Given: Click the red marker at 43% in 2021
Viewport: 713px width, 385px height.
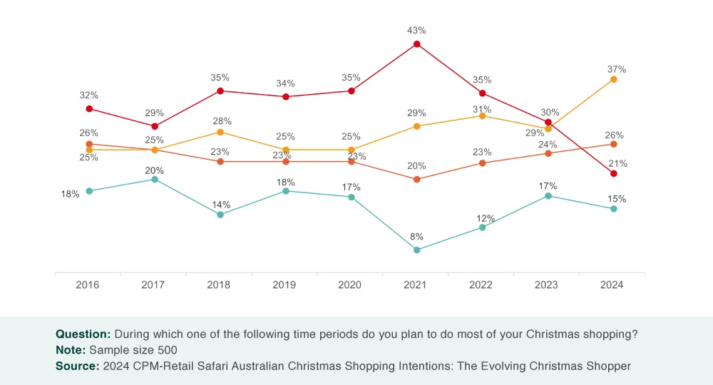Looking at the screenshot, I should pos(417,44).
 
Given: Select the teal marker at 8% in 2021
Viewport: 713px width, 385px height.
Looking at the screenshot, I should pos(417,250).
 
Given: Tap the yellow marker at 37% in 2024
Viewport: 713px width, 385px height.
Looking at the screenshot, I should pos(614,79).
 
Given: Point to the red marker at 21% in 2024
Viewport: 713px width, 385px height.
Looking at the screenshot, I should pos(614,173).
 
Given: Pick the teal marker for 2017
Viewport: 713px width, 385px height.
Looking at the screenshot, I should pos(155,179).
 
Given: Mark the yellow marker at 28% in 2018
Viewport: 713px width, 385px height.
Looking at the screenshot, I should pos(220,132).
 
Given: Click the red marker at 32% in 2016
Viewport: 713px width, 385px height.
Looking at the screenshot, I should pos(89,108).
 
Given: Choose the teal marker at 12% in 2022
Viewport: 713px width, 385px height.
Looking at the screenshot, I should pos(483,227).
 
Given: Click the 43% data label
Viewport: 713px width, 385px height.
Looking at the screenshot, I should pos(417,31).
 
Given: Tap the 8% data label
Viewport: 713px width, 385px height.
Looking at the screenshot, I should pos(417,237).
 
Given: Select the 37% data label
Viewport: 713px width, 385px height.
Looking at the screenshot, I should pos(617,69).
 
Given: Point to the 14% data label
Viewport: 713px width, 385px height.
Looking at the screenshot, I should pos(221,205).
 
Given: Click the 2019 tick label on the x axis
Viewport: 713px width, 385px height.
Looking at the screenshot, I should pos(284,285).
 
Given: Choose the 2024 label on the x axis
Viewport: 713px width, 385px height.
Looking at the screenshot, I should pos(612,285).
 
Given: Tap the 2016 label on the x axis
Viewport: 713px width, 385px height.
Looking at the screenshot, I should pos(88,285).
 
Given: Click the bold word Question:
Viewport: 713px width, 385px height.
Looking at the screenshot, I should pos(83,334).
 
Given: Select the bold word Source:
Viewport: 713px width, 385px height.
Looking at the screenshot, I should pos(77,366).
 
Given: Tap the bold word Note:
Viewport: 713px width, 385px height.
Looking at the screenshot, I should pos(71,350).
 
